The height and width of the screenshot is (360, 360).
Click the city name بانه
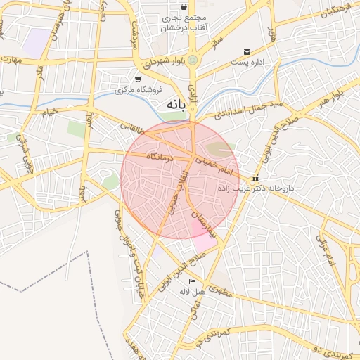[x=176, y=104]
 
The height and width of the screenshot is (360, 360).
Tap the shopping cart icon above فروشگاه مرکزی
[x=138, y=79]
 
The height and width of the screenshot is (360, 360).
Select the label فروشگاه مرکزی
[x=139, y=90]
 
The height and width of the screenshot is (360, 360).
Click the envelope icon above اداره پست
[x=246, y=52]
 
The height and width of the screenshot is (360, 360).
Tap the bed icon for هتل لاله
[x=193, y=282]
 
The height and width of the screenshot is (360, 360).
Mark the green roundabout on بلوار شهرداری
[x=193, y=61]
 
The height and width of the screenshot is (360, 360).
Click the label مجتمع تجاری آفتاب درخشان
[x=174, y=22]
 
